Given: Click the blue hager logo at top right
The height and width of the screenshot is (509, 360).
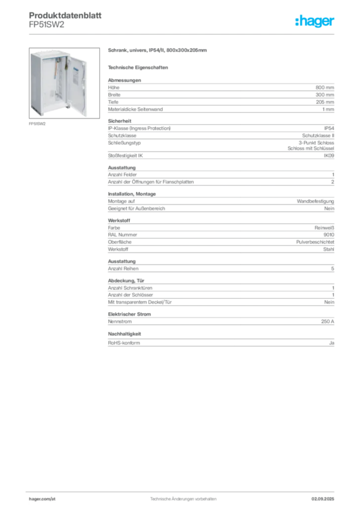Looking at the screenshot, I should tap(316, 22).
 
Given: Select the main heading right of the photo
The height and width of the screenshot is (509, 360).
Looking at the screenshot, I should tap(159, 51).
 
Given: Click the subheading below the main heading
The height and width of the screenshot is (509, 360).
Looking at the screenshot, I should tap(139, 67).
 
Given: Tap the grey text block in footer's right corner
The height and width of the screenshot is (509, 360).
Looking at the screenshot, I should tap(327, 495).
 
